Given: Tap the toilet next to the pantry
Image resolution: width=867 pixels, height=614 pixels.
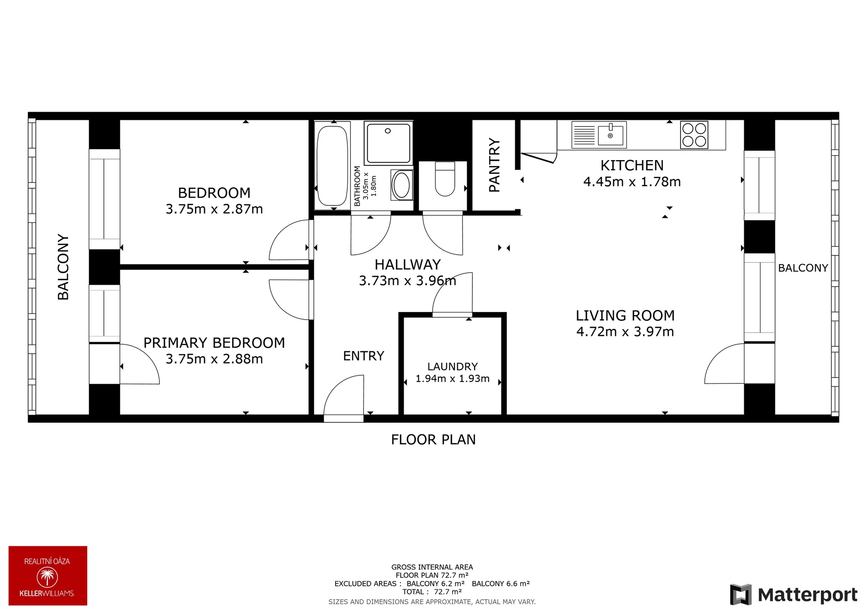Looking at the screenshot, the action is pyautogui.click(x=445, y=179).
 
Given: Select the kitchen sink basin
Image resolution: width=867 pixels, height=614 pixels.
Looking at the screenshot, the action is pyautogui.click(x=611, y=134).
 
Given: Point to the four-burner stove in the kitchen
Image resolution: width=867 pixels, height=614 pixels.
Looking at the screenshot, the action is pyautogui.click(x=694, y=135).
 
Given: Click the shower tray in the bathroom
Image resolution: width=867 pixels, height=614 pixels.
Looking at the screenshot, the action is pyautogui.click(x=388, y=143).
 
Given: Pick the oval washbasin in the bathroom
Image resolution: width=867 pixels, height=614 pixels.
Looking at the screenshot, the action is pyautogui.click(x=401, y=184).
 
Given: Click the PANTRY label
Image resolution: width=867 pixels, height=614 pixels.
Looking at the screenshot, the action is pyautogui.click(x=494, y=165).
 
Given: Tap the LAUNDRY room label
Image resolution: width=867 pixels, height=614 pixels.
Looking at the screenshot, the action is pyautogui.click(x=452, y=366).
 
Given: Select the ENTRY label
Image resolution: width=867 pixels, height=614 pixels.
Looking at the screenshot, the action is pyautogui.click(x=364, y=356).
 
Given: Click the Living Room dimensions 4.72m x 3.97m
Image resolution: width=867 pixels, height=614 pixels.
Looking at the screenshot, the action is pyautogui.click(x=625, y=331).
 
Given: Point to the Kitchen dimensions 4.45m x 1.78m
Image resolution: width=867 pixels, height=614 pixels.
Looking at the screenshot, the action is pyautogui.click(x=632, y=182).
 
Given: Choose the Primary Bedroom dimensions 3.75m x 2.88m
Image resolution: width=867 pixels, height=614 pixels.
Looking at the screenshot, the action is pyautogui.click(x=214, y=359).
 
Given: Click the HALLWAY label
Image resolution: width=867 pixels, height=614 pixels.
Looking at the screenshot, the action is pyautogui.click(x=407, y=264).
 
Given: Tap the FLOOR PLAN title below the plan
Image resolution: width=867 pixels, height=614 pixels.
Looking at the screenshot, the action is pyautogui.click(x=433, y=439).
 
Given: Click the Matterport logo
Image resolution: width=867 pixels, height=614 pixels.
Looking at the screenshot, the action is pyautogui.click(x=793, y=595).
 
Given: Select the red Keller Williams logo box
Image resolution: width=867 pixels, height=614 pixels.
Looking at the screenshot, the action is pyautogui.click(x=48, y=576).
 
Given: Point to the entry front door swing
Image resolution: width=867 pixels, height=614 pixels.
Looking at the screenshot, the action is pyautogui.click(x=344, y=396).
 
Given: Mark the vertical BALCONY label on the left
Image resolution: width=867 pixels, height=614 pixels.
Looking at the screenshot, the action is pyautogui.click(x=63, y=267).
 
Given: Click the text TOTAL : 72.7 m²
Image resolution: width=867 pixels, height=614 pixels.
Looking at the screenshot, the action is pyautogui.click(x=432, y=592).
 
